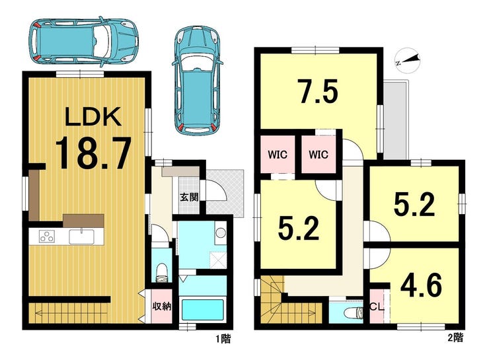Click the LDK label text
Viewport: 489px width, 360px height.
[93, 116]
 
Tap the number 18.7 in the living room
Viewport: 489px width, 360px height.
[93, 154]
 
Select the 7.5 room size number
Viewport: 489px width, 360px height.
[317, 91]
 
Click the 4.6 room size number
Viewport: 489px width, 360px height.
[421, 285]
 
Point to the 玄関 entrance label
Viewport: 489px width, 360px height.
[189, 197]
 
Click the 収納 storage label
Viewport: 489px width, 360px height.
[162, 306]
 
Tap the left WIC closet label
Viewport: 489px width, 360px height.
[278, 155]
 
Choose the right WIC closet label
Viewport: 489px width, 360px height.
[319, 155]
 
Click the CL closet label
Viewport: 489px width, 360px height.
[377, 307]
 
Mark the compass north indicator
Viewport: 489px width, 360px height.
[407, 61]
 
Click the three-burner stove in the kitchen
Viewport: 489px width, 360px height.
[47, 236]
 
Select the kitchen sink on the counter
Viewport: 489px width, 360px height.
[82, 236]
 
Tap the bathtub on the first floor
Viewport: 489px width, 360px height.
[203, 309]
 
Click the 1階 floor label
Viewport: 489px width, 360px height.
[223, 339]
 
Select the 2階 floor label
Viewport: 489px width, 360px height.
[455, 338]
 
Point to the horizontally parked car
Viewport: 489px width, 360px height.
[83, 41]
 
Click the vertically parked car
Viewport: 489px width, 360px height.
[197, 81]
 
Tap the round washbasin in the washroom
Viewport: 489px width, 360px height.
[221, 233]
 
